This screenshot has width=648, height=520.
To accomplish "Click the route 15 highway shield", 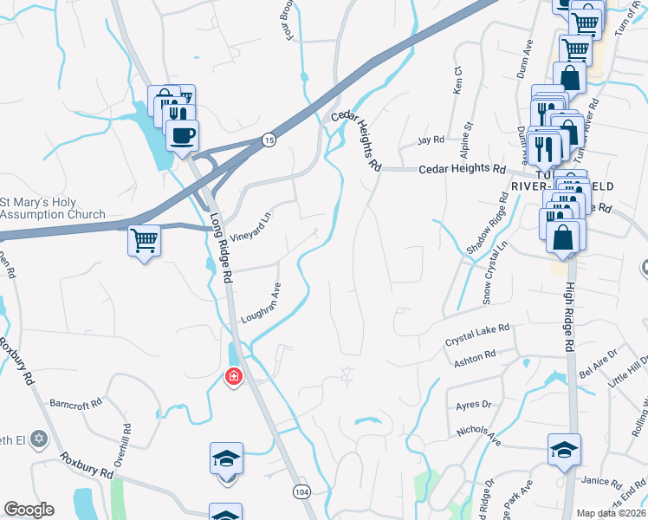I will click(x=269, y=140).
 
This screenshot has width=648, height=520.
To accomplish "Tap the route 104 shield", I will click(x=301, y=491).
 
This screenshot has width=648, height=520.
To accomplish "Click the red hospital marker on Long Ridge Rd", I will click(x=233, y=376).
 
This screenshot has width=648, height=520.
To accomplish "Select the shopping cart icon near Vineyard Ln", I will click(x=145, y=240).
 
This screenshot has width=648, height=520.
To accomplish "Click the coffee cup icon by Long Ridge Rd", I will click(x=182, y=135).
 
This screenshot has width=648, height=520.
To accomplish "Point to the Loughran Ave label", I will click(x=262, y=303).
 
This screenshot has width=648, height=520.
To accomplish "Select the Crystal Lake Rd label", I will click(x=478, y=335).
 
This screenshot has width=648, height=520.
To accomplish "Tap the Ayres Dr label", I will click(x=473, y=405).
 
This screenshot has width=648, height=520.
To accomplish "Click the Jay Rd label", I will click(x=430, y=140).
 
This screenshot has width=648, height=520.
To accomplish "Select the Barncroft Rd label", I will click(x=76, y=403).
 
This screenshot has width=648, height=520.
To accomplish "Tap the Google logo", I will click(x=29, y=510).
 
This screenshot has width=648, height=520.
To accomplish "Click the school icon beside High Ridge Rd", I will click(x=564, y=450).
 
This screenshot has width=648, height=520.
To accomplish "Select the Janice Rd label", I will click(x=603, y=483).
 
